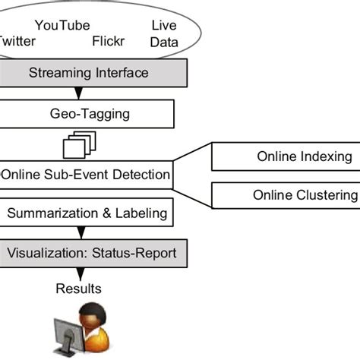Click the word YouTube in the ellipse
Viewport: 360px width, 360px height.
[62, 25]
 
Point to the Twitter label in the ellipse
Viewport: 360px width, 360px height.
[17, 41]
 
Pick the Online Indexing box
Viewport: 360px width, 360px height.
[286, 157]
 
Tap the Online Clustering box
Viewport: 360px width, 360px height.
[286, 195]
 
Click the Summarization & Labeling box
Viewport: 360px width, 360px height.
[87, 213]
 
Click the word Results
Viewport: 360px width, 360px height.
[78, 289]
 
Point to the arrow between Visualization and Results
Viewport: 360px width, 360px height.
[78, 272]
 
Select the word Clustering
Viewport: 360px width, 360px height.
[327, 195]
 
